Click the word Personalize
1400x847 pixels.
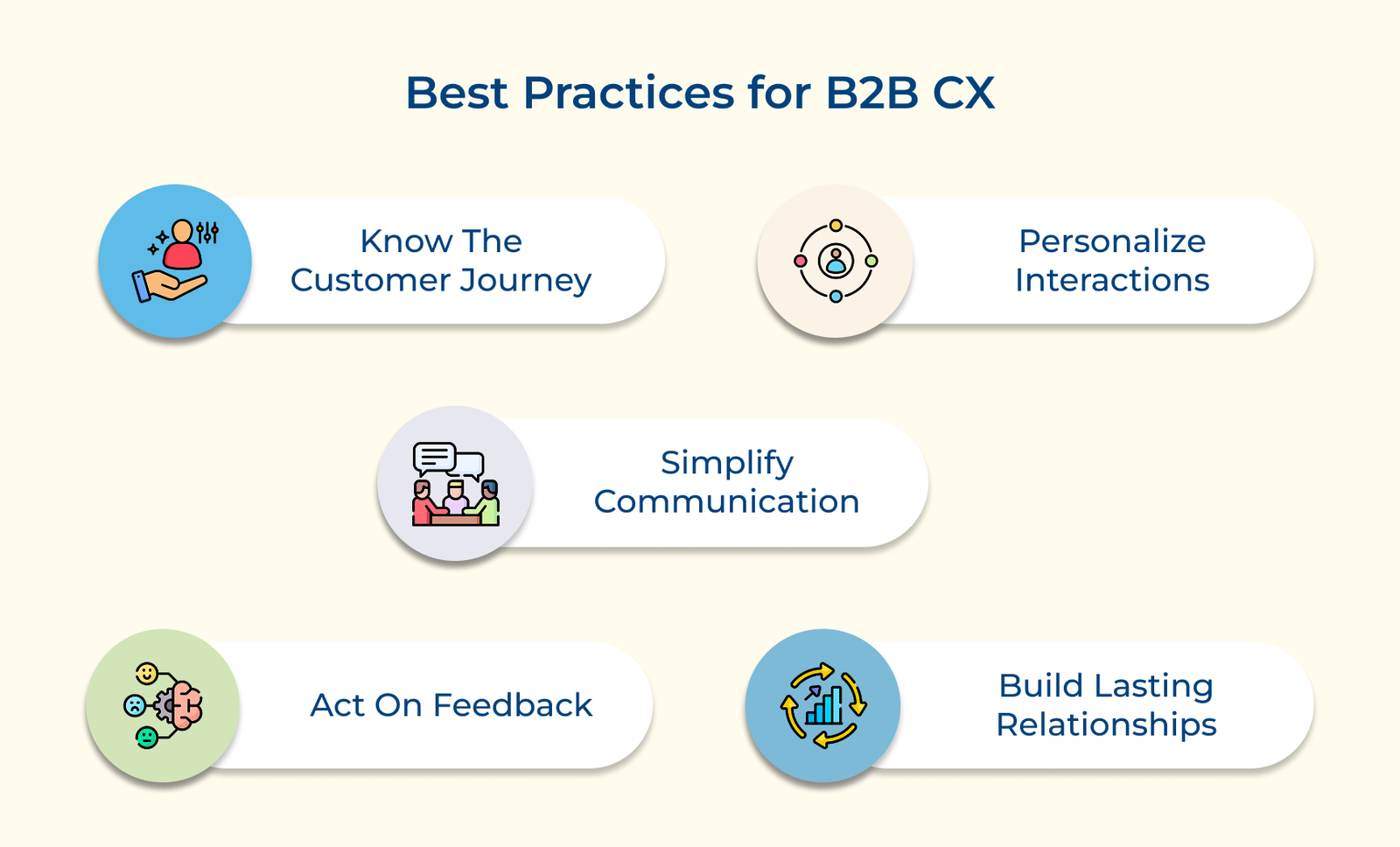tap(1112, 241)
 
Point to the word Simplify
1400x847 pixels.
tap(727, 464)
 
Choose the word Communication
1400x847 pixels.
tap(726, 501)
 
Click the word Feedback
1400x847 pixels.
tap(512, 705)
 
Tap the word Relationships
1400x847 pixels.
tap(1106, 725)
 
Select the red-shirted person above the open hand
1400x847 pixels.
tap(182, 244)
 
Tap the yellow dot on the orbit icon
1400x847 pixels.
tap(836, 226)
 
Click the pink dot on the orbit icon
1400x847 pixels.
tap(800, 261)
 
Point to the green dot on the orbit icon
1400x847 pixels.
tap(871, 261)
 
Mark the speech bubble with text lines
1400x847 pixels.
tap(435, 458)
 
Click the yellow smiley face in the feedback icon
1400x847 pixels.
tap(147, 674)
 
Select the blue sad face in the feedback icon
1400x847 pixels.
tap(135, 705)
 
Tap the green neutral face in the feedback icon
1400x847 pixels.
tap(147, 738)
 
